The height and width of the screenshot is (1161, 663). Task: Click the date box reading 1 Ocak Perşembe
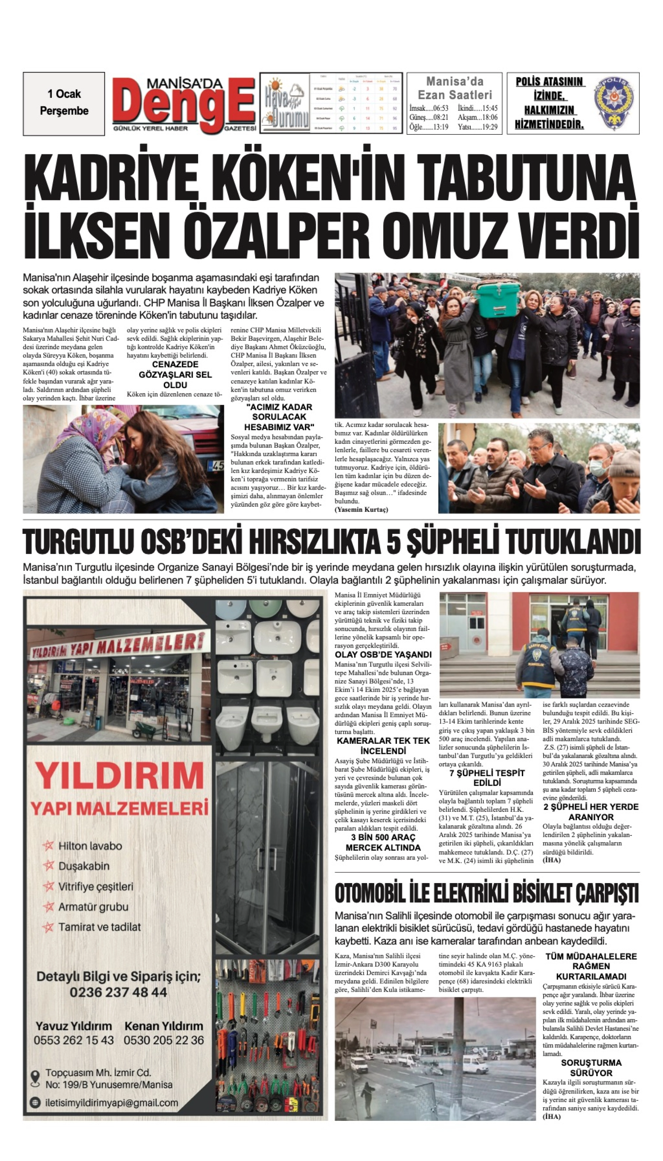point(64,103)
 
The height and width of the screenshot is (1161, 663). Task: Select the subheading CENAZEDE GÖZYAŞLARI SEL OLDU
point(175,375)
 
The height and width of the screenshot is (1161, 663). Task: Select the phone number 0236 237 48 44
point(118,992)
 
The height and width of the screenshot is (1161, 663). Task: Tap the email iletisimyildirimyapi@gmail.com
point(112,1103)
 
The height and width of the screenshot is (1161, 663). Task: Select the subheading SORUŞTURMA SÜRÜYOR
point(591,1067)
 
